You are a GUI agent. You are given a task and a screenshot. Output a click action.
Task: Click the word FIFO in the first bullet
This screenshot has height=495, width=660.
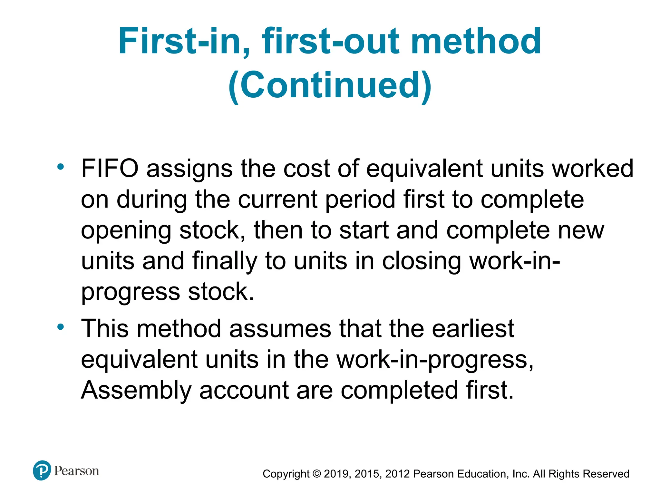click(x=110, y=169)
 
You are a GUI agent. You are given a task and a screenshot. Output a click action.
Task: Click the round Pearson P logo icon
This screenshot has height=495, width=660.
click(x=42, y=471)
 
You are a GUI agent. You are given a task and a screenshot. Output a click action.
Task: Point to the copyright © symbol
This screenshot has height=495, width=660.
click(x=317, y=474)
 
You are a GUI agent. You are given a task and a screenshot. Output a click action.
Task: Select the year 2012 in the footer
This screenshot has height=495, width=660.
click(x=397, y=474)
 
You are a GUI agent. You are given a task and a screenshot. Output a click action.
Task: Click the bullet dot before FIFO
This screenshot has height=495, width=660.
click(x=60, y=167)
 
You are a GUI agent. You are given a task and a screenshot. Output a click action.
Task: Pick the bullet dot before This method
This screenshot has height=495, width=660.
click(x=60, y=327)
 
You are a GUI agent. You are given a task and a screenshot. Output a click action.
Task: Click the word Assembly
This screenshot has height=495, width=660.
click(x=136, y=390)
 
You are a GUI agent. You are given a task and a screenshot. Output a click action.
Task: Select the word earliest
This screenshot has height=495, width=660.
click(x=473, y=329)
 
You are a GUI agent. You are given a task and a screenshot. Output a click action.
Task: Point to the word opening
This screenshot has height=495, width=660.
click(x=126, y=231)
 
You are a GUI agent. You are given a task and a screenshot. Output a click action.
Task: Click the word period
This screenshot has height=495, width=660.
click(x=360, y=200)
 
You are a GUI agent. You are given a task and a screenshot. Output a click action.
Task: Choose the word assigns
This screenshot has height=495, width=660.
click(x=189, y=169)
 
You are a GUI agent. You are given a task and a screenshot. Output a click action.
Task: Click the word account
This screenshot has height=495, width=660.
click(x=244, y=390)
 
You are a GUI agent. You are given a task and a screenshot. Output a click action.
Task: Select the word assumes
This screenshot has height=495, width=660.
click(x=280, y=329)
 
